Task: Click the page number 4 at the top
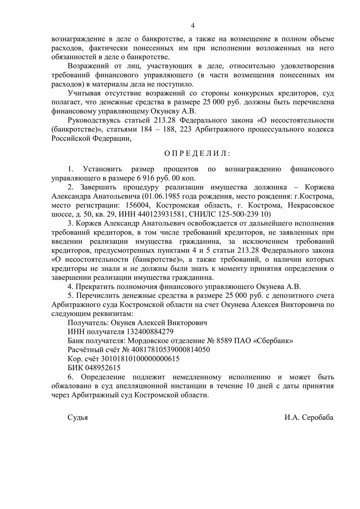pyautogui.click(x=193, y=25)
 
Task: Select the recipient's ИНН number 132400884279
pyautogui.click(x=145, y=332)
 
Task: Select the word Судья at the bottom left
pyautogui.click(x=77, y=417)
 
